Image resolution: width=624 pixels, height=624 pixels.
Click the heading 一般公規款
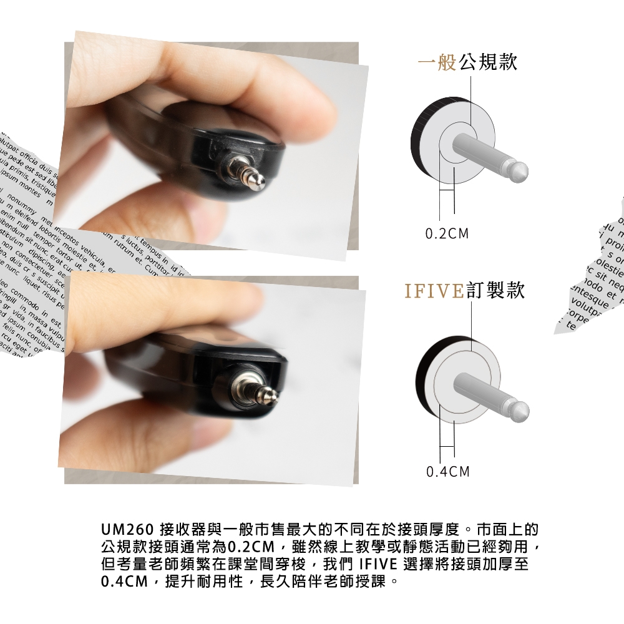coord(467,63)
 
